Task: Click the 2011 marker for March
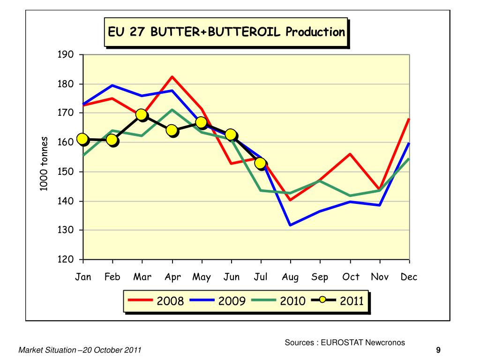click(142, 115)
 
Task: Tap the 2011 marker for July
click(261, 163)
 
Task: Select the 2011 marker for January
click(83, 139)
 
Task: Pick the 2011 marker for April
click(172, 130)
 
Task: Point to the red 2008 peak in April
click(172, 76)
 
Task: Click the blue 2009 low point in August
click(291, 225)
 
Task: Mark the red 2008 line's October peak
click(350, 154)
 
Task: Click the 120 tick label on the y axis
click(66, 260)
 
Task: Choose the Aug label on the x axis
click(290, 277)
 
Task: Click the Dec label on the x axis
click(409, 277)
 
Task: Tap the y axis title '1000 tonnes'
click(44, 164)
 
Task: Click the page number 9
click(438, 350)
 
